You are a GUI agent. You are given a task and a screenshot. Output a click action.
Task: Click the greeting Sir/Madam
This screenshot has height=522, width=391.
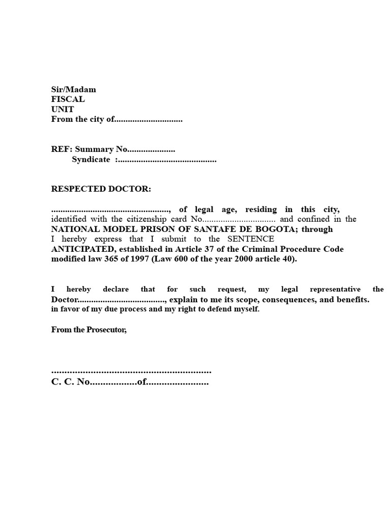(x=73, y=90)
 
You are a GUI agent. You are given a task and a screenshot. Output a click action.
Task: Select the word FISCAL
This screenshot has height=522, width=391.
(x=68, y=99)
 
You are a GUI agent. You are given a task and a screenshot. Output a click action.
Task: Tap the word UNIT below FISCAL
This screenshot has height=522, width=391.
(x=62, y=110)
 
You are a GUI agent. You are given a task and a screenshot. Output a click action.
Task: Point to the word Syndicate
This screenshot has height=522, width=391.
(x=91, y=160)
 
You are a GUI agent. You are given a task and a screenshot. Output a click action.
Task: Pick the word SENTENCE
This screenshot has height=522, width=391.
(x=250, y=239)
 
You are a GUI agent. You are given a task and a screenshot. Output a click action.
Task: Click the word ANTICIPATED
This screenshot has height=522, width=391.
(x=82, y=249)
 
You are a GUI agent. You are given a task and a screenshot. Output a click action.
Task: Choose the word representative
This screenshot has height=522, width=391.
(x=330, y=289)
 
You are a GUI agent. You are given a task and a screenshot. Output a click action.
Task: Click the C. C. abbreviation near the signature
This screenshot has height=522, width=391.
(x=63, y=382)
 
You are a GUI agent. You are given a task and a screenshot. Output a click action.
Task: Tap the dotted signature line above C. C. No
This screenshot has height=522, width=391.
(x=131, y=372)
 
